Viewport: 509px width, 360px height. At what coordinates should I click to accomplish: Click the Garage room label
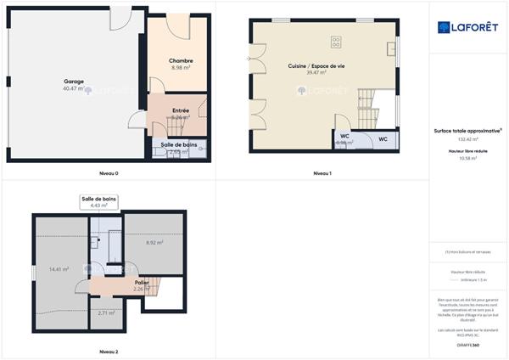pyautogui.click(x=74, y=82)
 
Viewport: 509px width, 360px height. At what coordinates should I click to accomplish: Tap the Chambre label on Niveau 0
pyautogui.click(x=181, y=60)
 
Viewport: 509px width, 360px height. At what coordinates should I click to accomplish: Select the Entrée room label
pyautogui.click(x=180, y=110)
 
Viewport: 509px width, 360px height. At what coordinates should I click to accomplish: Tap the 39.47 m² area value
pyautogui.click(x=316, y=72)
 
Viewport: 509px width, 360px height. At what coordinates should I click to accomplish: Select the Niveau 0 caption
pyautogui.click(x=108, y=173)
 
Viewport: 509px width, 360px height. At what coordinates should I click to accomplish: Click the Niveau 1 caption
pyautogui.click(x=322, y=173)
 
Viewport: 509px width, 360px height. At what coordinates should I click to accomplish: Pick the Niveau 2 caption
pyautogui.click(x=108, y=351)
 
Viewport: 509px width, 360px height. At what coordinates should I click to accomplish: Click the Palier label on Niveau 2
pyautogui.click(x=142, y=282)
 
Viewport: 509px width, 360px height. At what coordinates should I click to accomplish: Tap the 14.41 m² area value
pyautogui.click(x=59, y=269)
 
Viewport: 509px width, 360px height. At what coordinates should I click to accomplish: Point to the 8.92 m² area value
pyautogui.click(x=154, y=243)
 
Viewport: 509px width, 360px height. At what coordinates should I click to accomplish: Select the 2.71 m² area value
pyautogui.click(x=106, y=312)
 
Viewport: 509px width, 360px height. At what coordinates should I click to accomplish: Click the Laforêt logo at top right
pyautogui.click(x=468, y=27)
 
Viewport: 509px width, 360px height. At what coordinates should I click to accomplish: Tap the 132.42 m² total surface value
pyautogui.click(x=468, y=138)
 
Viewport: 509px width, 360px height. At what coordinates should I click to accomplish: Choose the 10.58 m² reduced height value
pyautogui.click(x=468, y=158)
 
